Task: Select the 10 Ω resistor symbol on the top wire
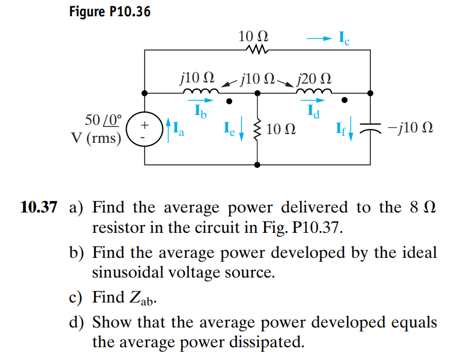click(x=256, y=51)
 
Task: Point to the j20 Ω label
click(x=314, y=78)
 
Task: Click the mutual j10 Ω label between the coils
click(x=256, y=78)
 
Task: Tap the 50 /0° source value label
click(x=104, y=121)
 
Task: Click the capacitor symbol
click(x=370, y=127)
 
